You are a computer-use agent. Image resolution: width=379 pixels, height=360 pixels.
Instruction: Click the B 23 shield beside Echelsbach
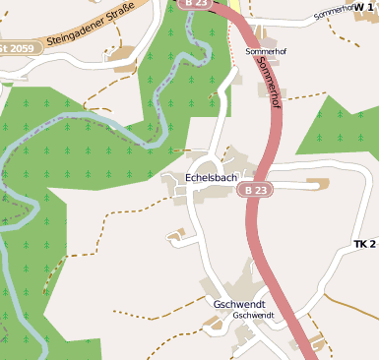256,189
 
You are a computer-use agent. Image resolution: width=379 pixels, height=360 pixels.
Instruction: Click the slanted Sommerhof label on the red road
268,87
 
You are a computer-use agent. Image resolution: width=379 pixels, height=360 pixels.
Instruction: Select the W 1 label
365,5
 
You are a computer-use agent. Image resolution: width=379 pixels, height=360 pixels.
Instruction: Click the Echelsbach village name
212,177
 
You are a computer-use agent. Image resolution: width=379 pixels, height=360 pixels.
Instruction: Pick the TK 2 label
365,243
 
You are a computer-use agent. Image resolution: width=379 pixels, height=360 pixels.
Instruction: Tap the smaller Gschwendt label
252,316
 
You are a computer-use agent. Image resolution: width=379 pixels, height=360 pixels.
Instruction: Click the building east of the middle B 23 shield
317,184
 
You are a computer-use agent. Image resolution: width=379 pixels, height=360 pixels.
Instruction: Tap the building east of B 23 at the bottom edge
316,344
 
